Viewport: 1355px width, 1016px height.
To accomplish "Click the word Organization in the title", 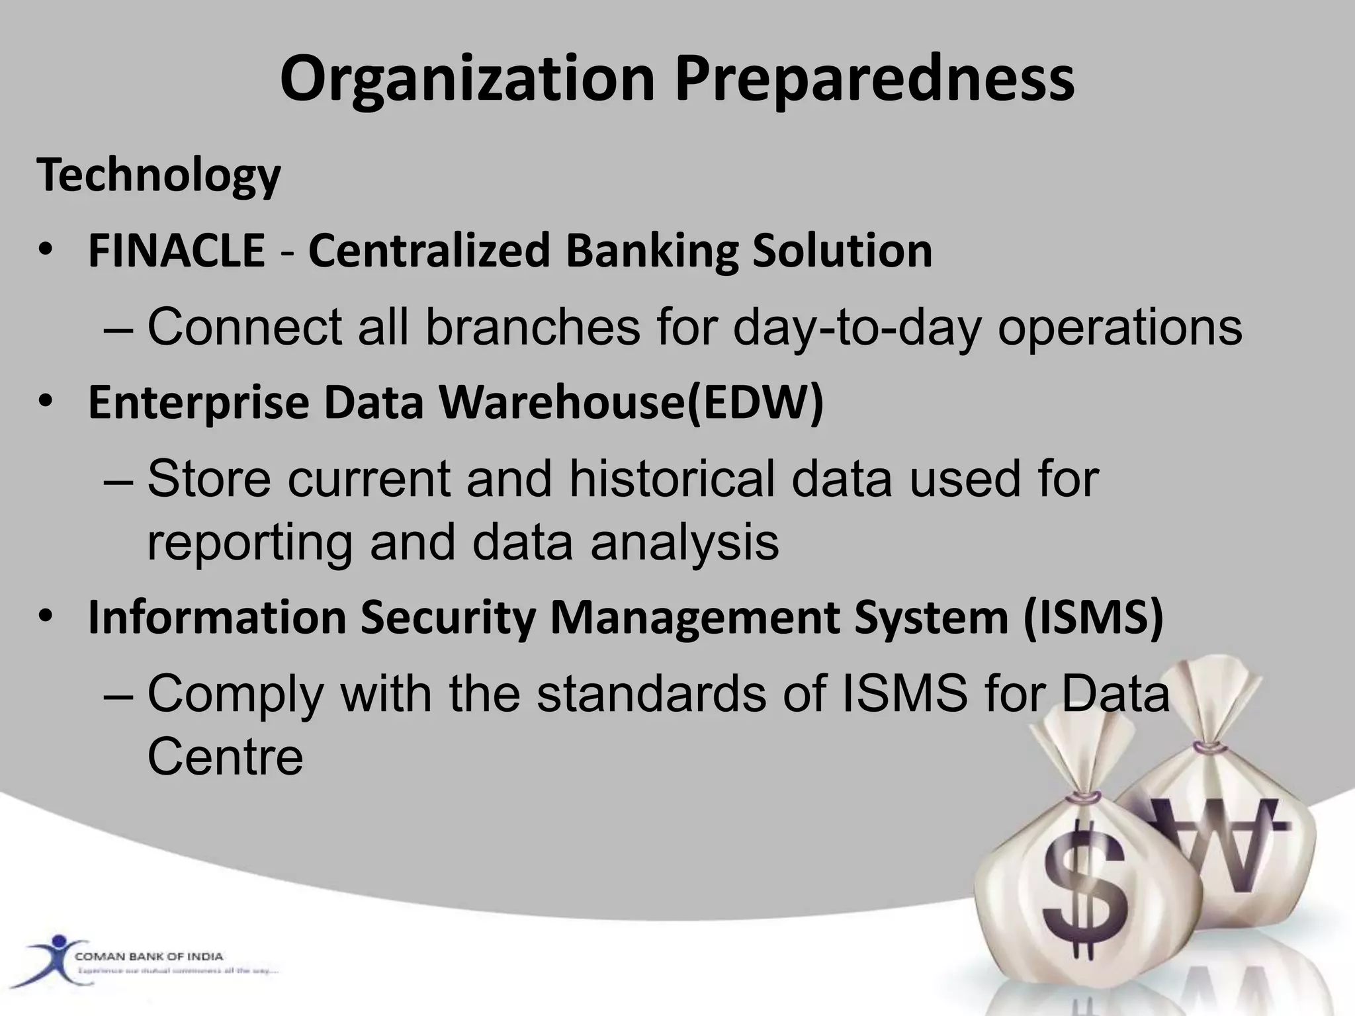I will (x=467, y=81).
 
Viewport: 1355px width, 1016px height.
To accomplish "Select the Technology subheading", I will (x=159, y=176).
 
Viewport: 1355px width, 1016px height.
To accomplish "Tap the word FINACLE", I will (x=177, y=251).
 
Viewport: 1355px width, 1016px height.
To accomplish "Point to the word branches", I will (x=533, y=327).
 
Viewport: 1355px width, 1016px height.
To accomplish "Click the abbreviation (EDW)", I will (x=756, y=402).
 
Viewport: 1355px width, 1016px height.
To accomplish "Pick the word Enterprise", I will (x=198, y=402).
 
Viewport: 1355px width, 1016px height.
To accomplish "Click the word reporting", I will (x=249, y=542).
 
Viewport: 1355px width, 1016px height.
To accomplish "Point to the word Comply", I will (x=236, y=695).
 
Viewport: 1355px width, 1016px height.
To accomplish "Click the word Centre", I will (x=225, y=757).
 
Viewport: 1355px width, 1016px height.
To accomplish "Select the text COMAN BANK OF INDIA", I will (x=149, y=956).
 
